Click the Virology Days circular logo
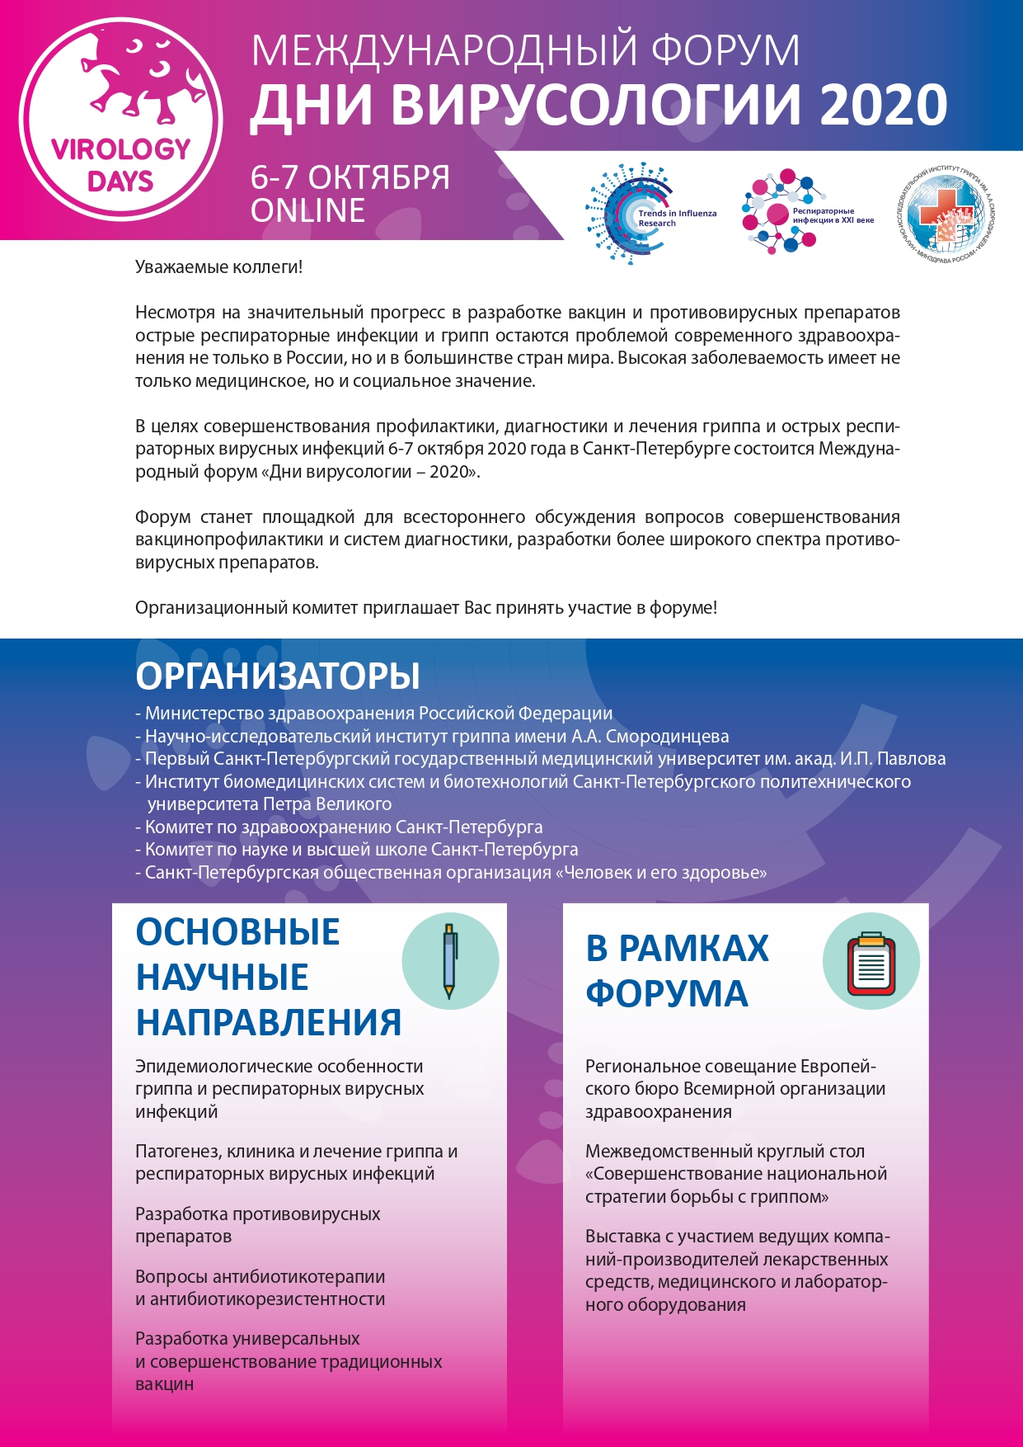pos(120,120)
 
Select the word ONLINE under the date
pos(307,211)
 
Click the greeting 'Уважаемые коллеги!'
pos(218,267)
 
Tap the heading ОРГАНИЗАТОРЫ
pos(277,676)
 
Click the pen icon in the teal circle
pos(449,961)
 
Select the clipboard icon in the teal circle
pos(870,961)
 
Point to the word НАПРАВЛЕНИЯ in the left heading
pos(269,1022)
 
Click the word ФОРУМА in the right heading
pos(666,993)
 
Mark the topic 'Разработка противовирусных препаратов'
pos(257,1225)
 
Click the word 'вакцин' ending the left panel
pos(164,1384)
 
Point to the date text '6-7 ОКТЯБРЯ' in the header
pos(350,177)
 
